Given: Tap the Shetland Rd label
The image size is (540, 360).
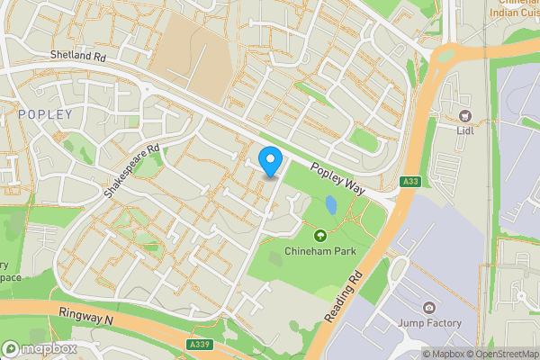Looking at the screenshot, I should pyautogui.click(x=78, y=55).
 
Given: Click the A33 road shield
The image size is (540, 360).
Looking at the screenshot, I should pyautogui.click(x=411, y=182).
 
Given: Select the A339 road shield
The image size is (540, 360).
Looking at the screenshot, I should pyautogui.click(x=201, y=344).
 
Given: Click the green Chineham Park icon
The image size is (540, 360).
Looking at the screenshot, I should pyautogui.click(x=319, y=236).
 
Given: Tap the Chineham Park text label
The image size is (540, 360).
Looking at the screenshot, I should pyautogui.click(x=319, y=251).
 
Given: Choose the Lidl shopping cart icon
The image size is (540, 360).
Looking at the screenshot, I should pyautogui.click(x=465, y=115).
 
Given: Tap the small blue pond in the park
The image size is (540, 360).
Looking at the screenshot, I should pyautogui.click(x=332, y=206).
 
